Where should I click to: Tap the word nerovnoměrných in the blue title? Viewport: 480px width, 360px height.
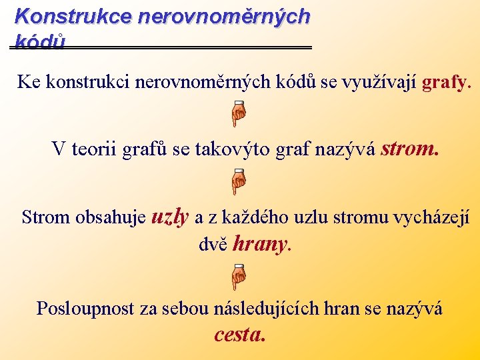pyautogui.click(x=223, y=16)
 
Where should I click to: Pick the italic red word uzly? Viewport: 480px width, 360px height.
pyautogui.click(x=171, y=216)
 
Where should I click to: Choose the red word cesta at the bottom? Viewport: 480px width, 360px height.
pyautogui.click(x=240, y=335)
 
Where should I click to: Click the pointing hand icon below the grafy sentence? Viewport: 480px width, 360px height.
pyautogui.click(x=239, y=113)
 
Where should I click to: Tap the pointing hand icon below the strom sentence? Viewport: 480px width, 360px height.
pyautogui.click(x=239, y=181)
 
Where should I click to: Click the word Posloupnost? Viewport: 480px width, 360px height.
pyautogui.click(x=86, y=309)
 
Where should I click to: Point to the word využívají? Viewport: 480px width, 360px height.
pyautogui.click(x=379, y=83)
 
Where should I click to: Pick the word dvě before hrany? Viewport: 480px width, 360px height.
pyautogui.click(x=213, y=245)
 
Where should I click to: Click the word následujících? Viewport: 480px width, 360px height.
pyautogui.click(x=266, y=309)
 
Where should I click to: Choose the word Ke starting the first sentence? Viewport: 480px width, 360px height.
pyautogui.click(x=28, y=83)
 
